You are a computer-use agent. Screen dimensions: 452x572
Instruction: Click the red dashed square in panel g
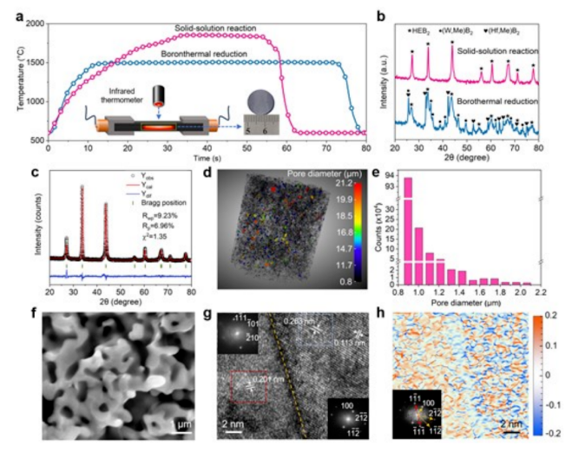pos(254,383)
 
